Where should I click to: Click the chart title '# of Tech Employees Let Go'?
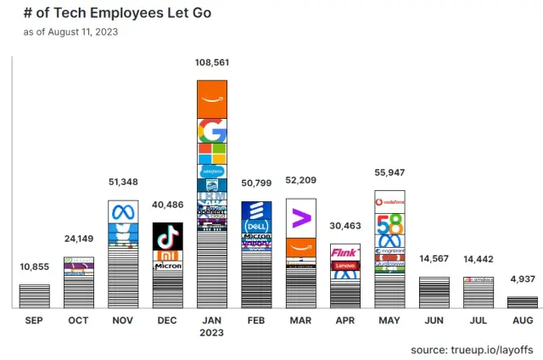118,14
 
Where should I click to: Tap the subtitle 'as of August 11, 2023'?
71,32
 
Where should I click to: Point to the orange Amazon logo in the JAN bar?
211,99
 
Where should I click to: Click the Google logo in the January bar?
211,131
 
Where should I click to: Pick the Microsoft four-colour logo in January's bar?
211,154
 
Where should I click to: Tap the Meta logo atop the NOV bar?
123,211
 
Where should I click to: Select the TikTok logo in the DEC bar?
167,236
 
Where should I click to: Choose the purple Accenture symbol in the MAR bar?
300,218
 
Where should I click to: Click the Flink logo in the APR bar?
344,252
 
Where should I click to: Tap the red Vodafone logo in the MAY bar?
389,201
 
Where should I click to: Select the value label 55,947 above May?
389,172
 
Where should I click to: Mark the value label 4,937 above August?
522,278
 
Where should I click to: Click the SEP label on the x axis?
34,320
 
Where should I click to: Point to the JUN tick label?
434,320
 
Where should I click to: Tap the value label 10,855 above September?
34,267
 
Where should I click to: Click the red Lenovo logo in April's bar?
344,266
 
